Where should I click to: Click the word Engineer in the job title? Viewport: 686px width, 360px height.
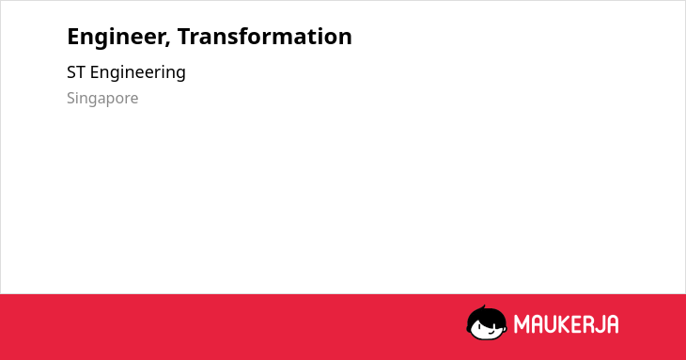tap(117, 38)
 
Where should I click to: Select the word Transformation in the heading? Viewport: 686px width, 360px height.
tap(265, 37)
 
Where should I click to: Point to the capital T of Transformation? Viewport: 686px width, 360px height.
tap(184, 37)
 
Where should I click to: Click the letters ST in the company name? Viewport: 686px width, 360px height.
tap(76, 72)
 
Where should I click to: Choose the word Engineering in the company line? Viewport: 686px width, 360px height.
tap(138, 73)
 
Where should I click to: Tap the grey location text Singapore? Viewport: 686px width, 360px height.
tap(102, 99)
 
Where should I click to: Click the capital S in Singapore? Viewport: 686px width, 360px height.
tap(70, 99)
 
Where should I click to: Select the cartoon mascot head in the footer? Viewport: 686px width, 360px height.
tap(487, 322)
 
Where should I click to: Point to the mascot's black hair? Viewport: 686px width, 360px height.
tap(486, 316)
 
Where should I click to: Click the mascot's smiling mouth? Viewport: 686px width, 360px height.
tap(491, 333)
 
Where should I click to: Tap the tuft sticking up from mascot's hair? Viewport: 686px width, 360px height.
tap(483, 307)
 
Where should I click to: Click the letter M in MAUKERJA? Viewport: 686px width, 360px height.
tap(522, 324)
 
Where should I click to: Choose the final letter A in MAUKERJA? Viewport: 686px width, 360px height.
tap(614, 324)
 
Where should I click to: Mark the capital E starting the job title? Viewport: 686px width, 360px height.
tap(72, 37)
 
